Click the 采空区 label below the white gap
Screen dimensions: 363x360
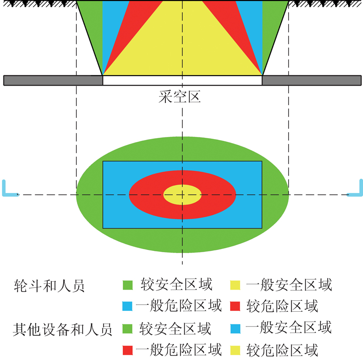coord(179,97)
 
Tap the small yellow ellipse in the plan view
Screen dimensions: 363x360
coord(182,195)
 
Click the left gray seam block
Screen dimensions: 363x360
coord(53,80)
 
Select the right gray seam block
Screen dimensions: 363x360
coord(312,80)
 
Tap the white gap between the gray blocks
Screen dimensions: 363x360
coord(182,80)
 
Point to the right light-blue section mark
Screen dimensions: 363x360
coord(355,188)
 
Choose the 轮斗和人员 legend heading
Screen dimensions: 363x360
coord(49,286)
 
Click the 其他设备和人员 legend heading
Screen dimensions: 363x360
coord(63,330)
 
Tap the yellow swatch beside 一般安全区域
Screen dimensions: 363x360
coord(235,285)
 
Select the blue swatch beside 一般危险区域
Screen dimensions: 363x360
coord(128,306)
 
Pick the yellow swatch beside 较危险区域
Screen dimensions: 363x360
coord(235,350)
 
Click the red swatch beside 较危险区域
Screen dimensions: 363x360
coord(235,306)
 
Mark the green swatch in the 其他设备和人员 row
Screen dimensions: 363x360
coord(128,329)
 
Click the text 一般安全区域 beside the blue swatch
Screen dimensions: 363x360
coord(289,328)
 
